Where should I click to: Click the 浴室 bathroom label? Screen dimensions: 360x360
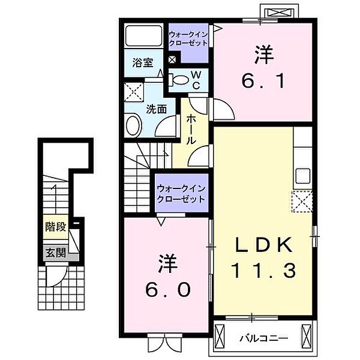pos(143,62)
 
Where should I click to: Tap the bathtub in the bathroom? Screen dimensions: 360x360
pos(144,35)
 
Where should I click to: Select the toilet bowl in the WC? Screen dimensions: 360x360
pos(180,80)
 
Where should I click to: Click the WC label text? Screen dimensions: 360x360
pos(196,80)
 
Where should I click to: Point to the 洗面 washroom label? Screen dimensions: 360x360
pos(157,109)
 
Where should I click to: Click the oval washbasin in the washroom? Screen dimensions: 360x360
pos(134,125)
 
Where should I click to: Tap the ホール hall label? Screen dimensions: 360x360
pos(191,130)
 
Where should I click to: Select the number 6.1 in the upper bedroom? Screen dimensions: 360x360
pos(263,82)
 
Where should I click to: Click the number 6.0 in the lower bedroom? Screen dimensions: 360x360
pos(167,290)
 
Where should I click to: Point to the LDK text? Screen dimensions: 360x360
pos(264,245)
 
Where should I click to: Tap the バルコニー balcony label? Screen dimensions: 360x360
pos(264,338)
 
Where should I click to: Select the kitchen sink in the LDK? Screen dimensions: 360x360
pos(302,176)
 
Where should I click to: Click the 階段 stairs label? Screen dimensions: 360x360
pos(56,227)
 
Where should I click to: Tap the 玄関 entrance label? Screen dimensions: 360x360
pos(56,253)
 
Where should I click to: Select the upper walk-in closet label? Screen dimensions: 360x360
pos(188,39)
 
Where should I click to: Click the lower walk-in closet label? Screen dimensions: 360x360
pos(181,194)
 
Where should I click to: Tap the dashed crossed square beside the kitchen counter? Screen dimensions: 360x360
pos(302,202)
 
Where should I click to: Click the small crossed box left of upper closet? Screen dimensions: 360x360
pos(172,60)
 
